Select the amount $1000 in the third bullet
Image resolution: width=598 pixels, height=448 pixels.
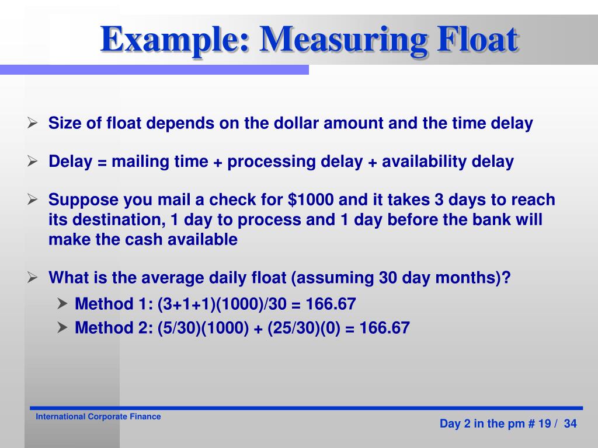pos(311,200)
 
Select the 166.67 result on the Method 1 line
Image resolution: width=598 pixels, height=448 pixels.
pos(331,304)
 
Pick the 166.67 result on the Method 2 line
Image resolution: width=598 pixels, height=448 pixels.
pos(385,328)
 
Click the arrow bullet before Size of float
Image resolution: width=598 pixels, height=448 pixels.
pos(33,124)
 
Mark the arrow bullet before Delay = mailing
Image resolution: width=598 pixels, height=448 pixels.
pos(33,162)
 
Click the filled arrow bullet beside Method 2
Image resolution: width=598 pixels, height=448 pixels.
pos(62,328)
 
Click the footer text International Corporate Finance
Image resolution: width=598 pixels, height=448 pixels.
pos(98,416)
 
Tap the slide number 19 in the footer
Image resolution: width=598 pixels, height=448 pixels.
pos(544,424)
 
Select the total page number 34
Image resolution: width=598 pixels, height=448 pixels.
pos(571,424)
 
